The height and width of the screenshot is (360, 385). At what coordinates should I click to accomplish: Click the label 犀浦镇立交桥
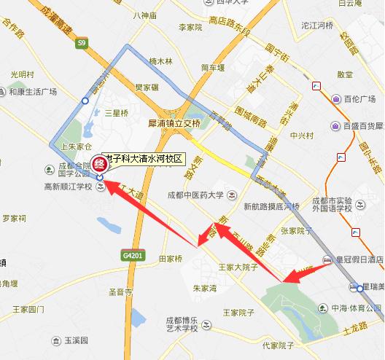[x=173, y=124]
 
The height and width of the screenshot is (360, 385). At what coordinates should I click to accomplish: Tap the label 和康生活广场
[x=35, y=91]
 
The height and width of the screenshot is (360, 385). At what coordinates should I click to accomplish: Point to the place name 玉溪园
[x=76, y=340]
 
